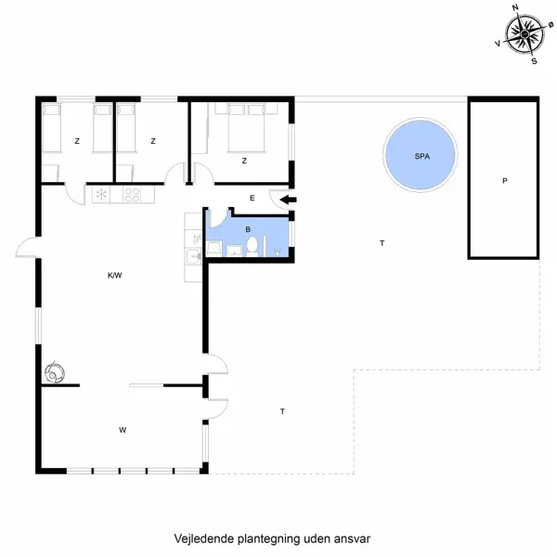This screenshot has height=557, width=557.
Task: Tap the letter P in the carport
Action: click(x=504, y=181)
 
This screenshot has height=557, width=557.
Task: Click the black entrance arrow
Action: click(x=288, y=199)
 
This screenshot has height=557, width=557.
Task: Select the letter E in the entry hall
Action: click(x=252, y=198)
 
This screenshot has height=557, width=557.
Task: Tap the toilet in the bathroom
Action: click(x=252, y=247)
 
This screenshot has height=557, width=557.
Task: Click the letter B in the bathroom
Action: click(x=247, y=227)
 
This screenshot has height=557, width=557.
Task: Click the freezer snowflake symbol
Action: click(x=101, y=196)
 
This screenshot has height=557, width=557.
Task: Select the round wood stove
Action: click(x=55, y=371)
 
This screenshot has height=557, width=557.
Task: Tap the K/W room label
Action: click(x=115, y=275)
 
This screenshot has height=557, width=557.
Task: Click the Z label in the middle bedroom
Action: click(x=152, y=141)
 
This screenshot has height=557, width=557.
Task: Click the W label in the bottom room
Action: click(x=122, y=430)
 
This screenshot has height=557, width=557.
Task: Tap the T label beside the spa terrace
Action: click(x=381, y=242)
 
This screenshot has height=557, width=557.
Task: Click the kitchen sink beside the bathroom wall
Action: click(x=194, y=253)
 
